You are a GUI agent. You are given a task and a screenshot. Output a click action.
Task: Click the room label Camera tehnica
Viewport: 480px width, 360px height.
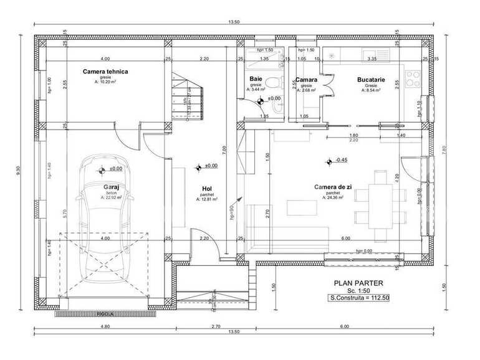tap(105, 72)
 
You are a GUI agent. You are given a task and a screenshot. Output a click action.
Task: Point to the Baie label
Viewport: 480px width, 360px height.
tap(256, 79)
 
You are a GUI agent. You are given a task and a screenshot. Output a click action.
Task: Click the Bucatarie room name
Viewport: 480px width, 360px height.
tap(371, 80)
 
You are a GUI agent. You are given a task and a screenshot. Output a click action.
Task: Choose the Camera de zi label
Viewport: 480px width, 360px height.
tap(332, 187)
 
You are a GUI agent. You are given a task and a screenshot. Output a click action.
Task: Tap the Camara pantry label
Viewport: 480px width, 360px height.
tap(306, 80)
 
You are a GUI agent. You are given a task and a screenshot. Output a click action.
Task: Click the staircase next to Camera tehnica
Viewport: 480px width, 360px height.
tap(190, 93)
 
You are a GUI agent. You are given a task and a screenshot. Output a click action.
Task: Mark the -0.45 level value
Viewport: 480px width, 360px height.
tap(342, 160)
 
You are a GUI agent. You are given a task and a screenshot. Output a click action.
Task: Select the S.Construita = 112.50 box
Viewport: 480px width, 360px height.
tap(359, 298)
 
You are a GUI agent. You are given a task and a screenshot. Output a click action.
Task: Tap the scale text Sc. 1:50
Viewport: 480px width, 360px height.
tap(358, 291)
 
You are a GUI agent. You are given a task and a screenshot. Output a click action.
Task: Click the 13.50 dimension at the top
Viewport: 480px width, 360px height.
tap(234, 23)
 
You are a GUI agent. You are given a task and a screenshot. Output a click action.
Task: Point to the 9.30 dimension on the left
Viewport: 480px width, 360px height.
tap(20, 168)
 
